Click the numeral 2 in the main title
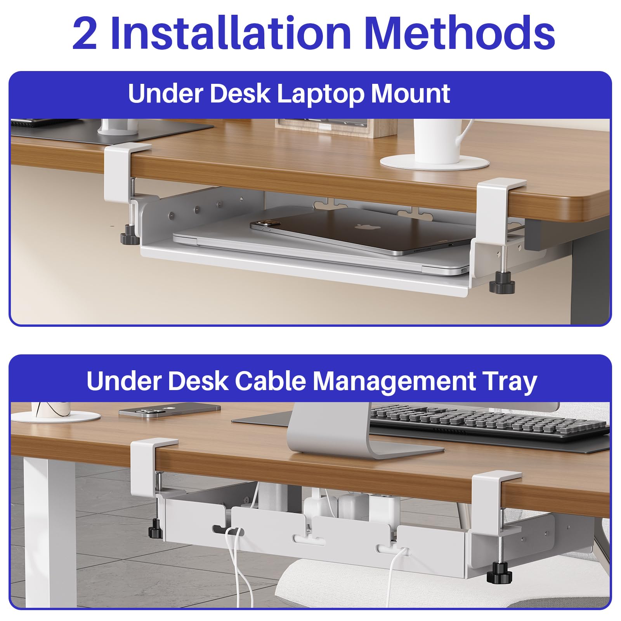(x=85, y=34)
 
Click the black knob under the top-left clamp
(x=130, y=238)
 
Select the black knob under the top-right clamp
(x=501, y=286)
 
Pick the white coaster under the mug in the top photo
(x=434, y=161)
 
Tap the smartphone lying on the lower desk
(x=169, y=411)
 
